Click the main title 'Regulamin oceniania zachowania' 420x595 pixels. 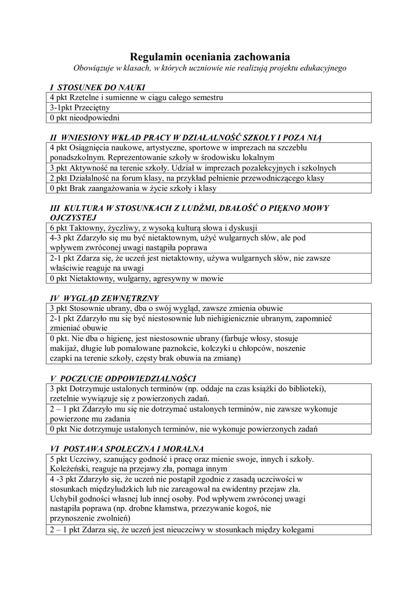pyautogui.click(x=209, y=56)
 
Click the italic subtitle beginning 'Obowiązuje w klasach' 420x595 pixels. pyautogui.click(x=209, y=68)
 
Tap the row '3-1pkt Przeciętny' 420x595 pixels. pyautogui.click(x=80, y=107)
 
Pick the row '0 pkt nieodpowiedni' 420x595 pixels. pyautogui.click(x=84, y=118)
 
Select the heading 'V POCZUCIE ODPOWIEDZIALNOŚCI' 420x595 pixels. pyautogui.click(x=123, y=378)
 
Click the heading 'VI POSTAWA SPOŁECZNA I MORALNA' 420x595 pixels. pyautogui.click(x=126, y=449)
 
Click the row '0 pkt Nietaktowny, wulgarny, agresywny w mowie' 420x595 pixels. pyautogui.click(x=136, y=278)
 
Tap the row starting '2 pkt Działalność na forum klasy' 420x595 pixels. pyautogui.click(x=187, y=178)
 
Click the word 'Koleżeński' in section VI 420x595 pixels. pyautogui.click(x=70, y=469)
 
